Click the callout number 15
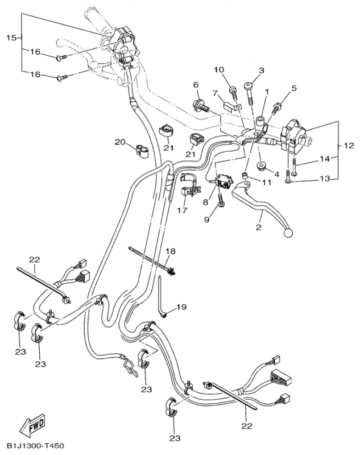pos(11,38)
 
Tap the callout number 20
pos(120,142)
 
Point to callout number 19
pos(181,307)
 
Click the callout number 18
pos(170,251)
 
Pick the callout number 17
pos(181,210)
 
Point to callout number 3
pos(262,71)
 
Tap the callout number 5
pos(294,88)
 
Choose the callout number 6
pos(196,85)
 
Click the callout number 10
pos(219,70)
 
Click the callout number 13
pos(324,179)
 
